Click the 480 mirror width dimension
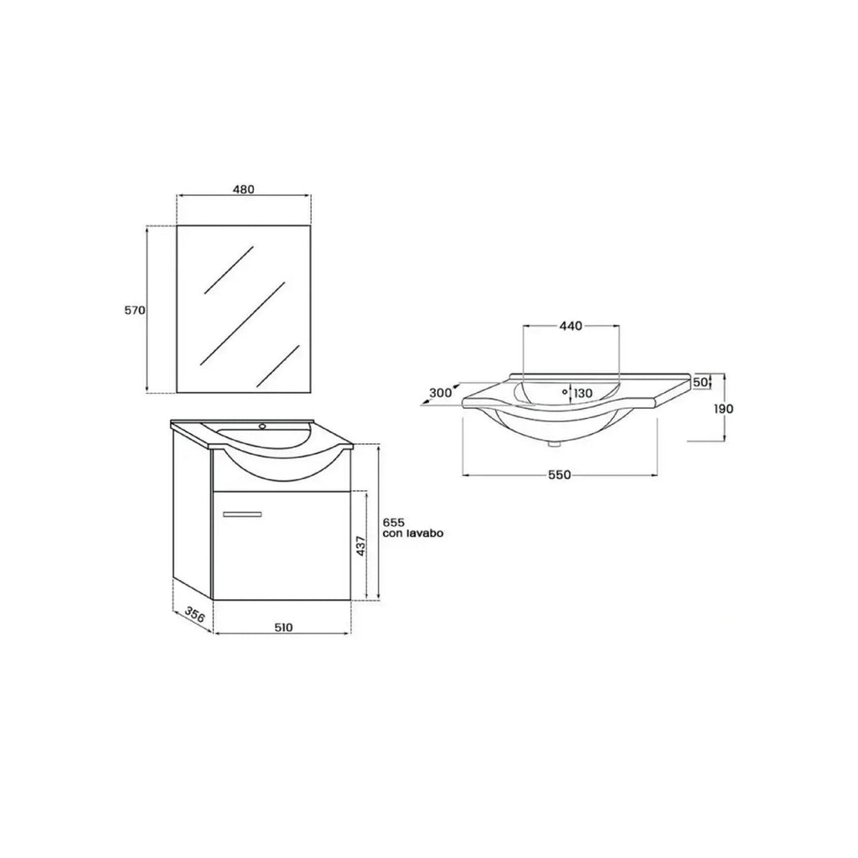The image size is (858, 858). pos(243,189)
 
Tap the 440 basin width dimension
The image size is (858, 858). pos(571,325)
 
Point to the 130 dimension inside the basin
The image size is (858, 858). pos(583,393)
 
